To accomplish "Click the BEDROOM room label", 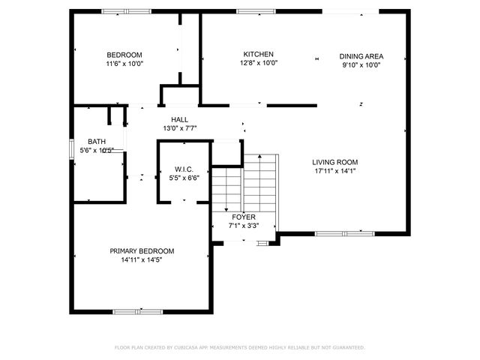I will tap(124, 55).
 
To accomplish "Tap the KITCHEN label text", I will tap(258, 54).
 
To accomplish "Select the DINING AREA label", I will tap(361, 55).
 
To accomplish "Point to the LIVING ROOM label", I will tap(334, 162).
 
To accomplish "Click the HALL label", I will tap(179, 120).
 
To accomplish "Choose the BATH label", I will tap(97, 142).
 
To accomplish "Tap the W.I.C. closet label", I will tap(185, 169).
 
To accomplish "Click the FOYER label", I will tap(244, 216).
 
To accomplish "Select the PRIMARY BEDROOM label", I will tap(142, 251).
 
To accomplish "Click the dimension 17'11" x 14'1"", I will tap(334, 172).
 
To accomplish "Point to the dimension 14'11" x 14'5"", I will tap(142, 260).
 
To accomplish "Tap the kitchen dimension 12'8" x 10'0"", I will tap(258, 64).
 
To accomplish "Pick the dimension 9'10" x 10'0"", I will tap(361, 64).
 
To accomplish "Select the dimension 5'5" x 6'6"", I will tap(185, 178).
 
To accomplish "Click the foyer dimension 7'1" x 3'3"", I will tap(244, 225).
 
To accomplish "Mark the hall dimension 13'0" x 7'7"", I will tap(179, 129).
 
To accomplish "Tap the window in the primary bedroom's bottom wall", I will tap(137, 311).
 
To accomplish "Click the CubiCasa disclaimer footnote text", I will tap(239, 348).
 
